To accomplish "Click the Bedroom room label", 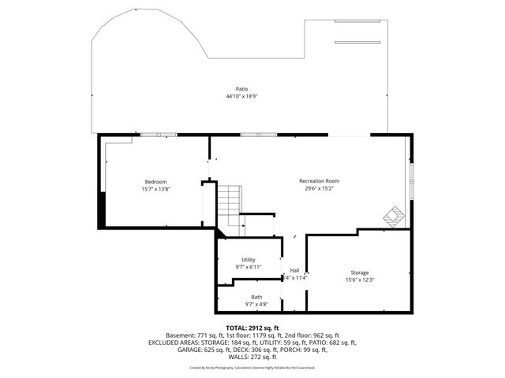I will point(155,182).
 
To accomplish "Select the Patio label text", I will point(241,89).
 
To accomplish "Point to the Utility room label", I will point(248,260).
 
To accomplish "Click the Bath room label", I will point(246,297).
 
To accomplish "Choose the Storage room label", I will point(359,272).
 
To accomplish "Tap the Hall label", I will point(294,270).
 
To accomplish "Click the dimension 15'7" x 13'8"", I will point(155,189).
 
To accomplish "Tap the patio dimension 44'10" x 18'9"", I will point(241,96).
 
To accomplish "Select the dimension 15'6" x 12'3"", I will point(359,280).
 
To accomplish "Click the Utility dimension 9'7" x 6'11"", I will point(248,267).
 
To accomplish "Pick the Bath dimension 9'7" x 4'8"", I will point(246,304).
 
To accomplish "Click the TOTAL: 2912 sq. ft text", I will point(252,328).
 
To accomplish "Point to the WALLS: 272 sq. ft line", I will point(252,357).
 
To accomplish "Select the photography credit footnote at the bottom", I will point(252,367).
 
